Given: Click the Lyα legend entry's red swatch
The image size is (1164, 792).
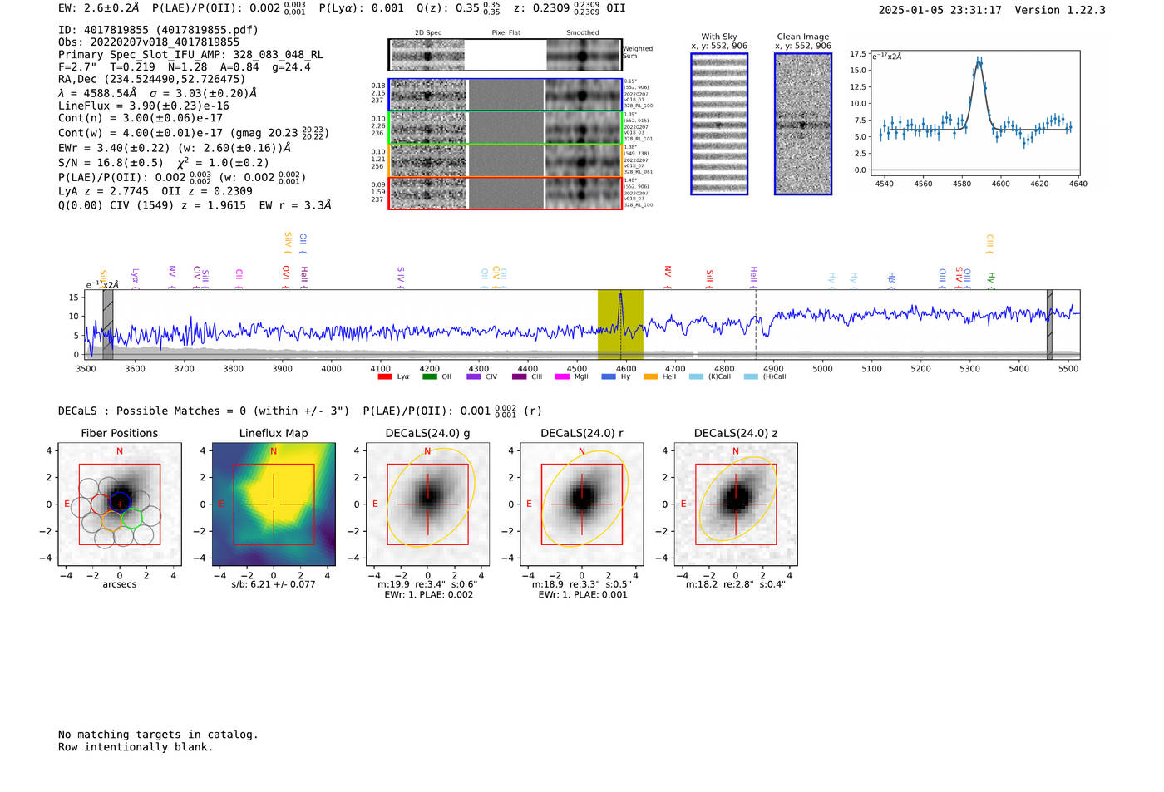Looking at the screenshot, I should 385,377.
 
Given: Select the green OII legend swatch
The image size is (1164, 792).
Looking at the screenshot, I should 429,377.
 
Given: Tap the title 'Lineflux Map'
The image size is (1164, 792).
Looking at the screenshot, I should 274,433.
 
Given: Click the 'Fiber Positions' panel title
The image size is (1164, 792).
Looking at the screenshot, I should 119,433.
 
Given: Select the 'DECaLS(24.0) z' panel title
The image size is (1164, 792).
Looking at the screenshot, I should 735,433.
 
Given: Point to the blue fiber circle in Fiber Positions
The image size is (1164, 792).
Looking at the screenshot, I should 120,502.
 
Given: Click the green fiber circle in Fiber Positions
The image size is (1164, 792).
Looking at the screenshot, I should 131,518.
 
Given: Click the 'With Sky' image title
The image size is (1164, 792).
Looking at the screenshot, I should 719,37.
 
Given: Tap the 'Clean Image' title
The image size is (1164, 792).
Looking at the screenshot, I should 803,37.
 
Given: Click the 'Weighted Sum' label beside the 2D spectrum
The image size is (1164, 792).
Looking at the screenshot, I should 638,52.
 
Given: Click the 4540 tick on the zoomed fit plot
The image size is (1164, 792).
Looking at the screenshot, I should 884,184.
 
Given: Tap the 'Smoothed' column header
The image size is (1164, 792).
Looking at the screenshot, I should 582,33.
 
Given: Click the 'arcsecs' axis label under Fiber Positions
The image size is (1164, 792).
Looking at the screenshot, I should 120,584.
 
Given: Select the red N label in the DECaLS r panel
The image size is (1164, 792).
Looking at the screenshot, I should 582,451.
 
